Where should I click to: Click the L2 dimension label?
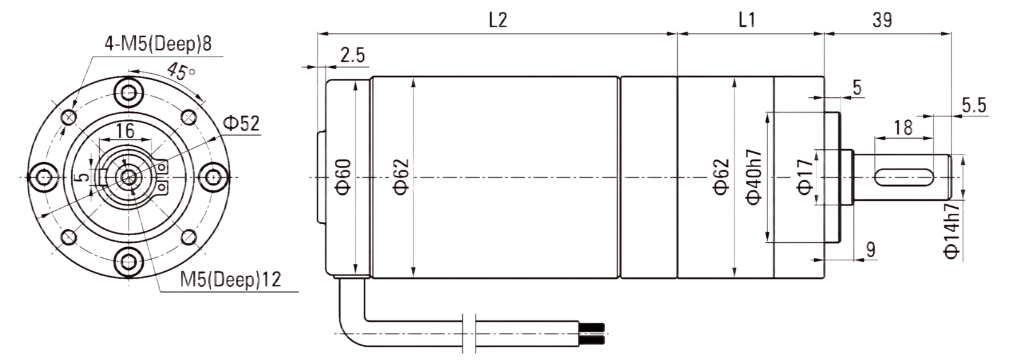[498, 20]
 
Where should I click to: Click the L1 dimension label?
[747, 20]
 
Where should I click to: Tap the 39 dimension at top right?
[882, 20]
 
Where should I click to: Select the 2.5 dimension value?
[353, 55]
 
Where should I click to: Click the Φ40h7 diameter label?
[754, 177]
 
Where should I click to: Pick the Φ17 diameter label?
[806, 177]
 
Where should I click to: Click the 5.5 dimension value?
[974, 105]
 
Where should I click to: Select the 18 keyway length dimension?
[903, 128]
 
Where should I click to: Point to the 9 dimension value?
[871, 249]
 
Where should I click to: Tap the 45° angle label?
[180, 72]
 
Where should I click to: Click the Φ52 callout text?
[242, 123]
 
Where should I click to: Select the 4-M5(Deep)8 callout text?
[158, 44]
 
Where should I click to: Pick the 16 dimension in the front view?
[125, 131]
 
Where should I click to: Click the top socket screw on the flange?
[129, 93]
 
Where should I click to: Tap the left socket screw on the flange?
[44, 177]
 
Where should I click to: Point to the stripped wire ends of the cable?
[592, 335]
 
